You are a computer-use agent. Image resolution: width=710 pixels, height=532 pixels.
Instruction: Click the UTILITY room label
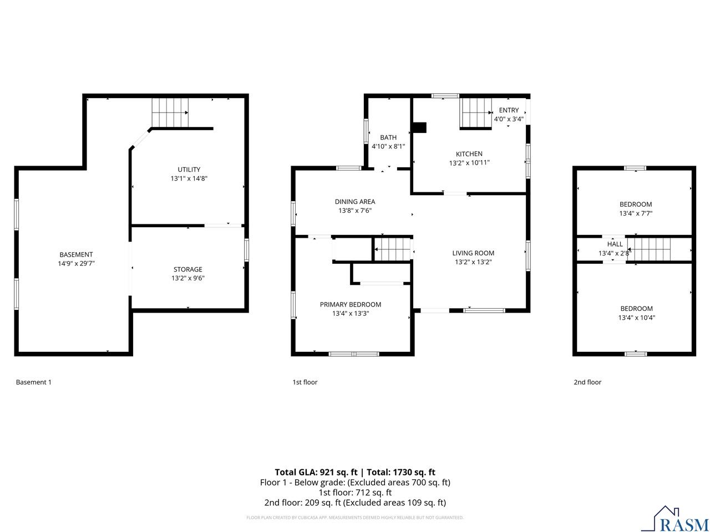(189, 170)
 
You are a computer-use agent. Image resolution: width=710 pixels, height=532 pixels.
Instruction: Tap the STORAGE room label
(188, 270)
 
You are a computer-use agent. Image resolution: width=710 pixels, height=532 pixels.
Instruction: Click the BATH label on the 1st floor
(388, 137)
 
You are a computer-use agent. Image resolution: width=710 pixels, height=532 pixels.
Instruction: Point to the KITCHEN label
(469, 154)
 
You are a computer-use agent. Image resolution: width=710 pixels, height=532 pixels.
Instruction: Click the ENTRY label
(509, 110)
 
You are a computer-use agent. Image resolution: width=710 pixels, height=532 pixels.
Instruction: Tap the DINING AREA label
(355, 202)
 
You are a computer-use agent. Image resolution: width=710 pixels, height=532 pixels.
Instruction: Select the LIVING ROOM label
(473, 253)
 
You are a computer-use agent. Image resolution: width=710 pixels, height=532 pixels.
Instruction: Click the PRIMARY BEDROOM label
(351, 304)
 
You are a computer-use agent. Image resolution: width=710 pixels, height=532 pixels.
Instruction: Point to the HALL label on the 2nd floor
(615, 244)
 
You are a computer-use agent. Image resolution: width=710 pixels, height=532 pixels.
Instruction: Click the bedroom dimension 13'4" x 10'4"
(636, 318)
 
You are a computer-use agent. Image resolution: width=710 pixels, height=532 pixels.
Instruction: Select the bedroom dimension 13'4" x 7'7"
(636, 213)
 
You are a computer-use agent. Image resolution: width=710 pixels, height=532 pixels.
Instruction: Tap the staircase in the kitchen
(476, 114)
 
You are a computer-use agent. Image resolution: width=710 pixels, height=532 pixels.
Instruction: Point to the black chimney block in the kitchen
(419, 127)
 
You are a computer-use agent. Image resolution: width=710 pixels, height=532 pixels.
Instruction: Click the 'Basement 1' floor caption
(34, 382)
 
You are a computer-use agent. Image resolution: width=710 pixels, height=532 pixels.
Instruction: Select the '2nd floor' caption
(587, 382)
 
